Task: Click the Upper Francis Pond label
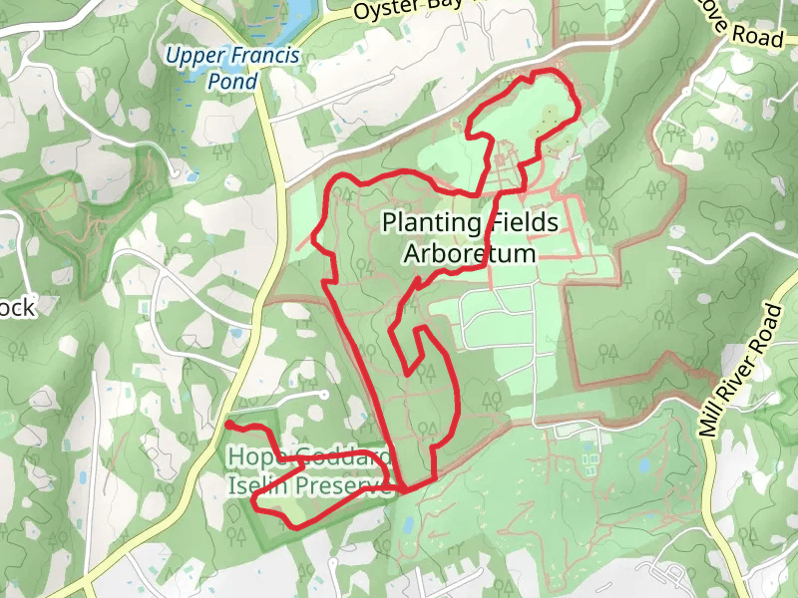(232, 68)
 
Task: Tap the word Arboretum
(469, 253)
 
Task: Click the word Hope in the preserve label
(248, 458)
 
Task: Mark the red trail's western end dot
(228, 425)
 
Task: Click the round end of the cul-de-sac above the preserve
(325, 395)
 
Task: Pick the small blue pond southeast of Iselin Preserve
(406, 524)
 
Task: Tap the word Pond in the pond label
(231, 81)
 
